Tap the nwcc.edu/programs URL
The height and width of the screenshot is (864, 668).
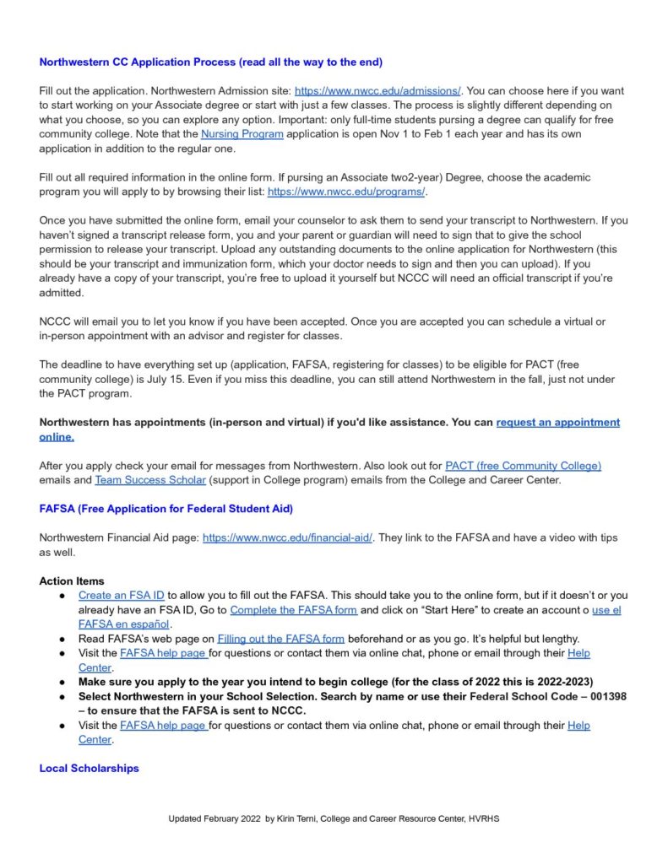coord(347,192)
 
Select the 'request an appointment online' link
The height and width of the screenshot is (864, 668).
coord(557,422)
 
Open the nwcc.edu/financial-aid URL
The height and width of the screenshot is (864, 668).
coord(287,537)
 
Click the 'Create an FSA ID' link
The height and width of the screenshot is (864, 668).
coord(121,595)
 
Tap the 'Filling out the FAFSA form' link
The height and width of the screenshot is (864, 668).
coord(280,639)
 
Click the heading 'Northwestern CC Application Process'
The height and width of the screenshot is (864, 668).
coord(210,62)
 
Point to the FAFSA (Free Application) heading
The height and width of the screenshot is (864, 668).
coord(166,509)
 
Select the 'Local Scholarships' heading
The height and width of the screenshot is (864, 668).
coord(89,768)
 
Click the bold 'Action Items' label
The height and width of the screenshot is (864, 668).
coord(72,580)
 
